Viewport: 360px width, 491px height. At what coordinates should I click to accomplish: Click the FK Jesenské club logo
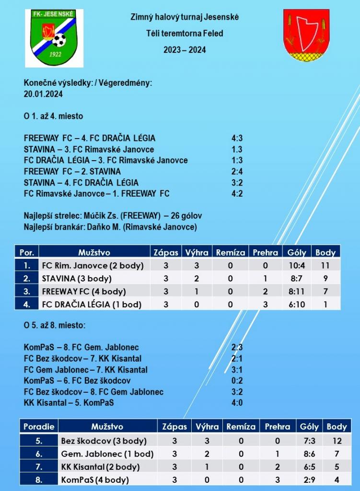tap(54, 37)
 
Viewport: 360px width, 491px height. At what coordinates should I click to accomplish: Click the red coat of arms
tap(305, 35)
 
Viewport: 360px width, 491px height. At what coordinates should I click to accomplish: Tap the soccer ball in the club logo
tap(59, 40)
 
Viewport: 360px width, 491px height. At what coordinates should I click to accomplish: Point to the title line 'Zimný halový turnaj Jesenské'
tap(185, 17)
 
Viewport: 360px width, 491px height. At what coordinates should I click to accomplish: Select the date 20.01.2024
tap(43, 94)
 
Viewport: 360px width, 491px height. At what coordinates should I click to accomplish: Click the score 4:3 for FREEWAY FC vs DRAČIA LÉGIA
tap(236, 138)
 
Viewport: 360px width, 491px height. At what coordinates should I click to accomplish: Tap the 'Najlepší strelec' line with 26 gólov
tap(113, 216)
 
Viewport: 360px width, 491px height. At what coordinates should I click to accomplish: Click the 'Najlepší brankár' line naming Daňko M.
tap(110, 227)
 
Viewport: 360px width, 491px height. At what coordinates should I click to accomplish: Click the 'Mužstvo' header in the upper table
tap(94, 252)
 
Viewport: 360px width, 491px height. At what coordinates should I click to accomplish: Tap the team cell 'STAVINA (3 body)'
tap(77, 278)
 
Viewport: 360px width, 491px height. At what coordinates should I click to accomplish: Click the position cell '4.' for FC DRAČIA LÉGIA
tap(27, 304)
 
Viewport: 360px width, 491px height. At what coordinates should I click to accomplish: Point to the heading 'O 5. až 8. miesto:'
tap(55, 325)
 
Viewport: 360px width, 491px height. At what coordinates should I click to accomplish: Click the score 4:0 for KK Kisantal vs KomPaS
tap(236, 403)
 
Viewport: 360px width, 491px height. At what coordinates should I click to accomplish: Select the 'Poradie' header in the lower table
tap(38, 426)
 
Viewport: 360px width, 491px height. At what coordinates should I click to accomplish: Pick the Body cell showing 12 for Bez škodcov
tap(337, 441)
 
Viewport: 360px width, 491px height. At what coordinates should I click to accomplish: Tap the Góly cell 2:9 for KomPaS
tap(309, 479)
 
